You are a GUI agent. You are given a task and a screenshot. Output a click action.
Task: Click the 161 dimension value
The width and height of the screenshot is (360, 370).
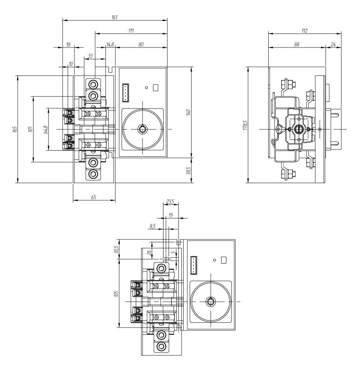tap(115, 17)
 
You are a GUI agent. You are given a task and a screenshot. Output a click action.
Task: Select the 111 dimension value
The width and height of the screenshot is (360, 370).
tap(131, 31)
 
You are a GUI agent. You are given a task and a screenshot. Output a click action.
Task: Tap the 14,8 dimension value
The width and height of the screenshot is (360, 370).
tap(110, 44)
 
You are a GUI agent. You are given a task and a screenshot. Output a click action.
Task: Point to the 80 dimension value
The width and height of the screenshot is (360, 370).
tap(141, 44)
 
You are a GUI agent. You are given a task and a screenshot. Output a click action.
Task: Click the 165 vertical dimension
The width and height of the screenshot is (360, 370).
tap(14, 129)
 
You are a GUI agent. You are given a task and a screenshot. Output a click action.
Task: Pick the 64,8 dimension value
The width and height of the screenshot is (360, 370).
tap(45, 129)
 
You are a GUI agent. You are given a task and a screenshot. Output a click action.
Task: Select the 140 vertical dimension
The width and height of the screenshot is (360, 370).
tap(188, 112)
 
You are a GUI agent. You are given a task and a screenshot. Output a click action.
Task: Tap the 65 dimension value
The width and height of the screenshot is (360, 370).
tap(94, 197)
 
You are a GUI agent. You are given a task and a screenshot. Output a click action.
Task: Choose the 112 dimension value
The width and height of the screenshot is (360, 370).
tap(305, 31)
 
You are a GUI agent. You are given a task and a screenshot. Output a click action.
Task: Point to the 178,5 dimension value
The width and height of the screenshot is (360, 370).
tap(246, 125)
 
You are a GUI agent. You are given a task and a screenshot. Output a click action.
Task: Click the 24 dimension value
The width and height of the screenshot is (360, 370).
tap(333, 44)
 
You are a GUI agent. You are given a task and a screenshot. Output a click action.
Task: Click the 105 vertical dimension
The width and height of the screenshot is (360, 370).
tap(116, 293)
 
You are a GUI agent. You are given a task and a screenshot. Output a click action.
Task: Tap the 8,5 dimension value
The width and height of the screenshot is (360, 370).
tap(153, 226)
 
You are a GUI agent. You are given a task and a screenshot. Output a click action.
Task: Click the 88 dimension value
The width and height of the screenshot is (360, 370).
tap(297, 44)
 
